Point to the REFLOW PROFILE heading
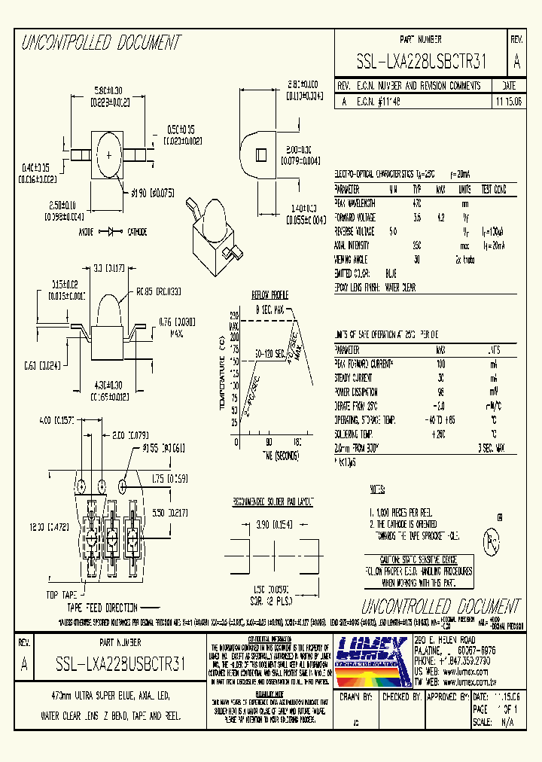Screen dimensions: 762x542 269,295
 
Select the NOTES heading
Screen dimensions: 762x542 377,489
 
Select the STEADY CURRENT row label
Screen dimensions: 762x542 353,378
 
